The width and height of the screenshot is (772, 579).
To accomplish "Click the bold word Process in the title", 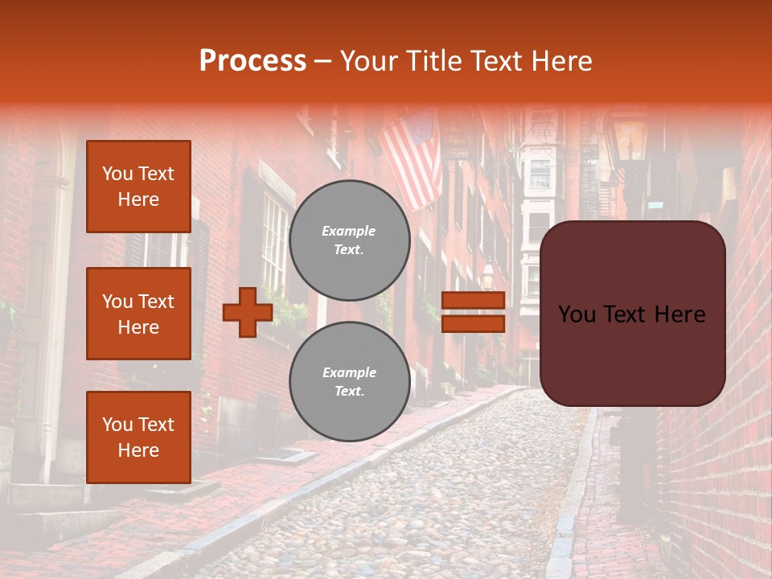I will pyautogui.click(x=253, y=61).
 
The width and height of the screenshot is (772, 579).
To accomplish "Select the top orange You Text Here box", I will pyautogui.click(x=138, y=187).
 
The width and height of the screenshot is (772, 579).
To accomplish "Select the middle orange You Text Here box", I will pyautogui.click(x=138, y=314).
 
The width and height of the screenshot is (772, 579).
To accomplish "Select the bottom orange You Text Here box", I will pyautogui.click(x=138, y=437).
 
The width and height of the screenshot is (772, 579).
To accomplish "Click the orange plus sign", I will pyautogui.click(x=248, y=312).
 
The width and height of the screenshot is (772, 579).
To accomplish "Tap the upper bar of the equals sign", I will pyautogui.click(x=473, y=300).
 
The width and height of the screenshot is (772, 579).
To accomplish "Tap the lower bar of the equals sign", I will pyautogui.click(x=473, y=324).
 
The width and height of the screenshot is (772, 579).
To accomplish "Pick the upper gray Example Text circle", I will pyautogui.click(x=349, y=240).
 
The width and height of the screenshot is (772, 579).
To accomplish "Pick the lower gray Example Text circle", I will pyautogui.click(x=349, y=382).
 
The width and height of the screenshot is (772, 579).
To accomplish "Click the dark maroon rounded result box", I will pyautogui.click(x=632, y=314).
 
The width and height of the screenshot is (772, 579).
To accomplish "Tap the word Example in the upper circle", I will pyautogui.click(x=349, y=232).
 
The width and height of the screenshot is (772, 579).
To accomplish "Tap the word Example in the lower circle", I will pyautogui.click(x=349, y=373).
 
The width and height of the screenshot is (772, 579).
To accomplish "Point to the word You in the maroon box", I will pyautogui.click(x=577, y=314).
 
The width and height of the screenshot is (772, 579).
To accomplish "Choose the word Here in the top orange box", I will pyautogui.click(x=138, y=199).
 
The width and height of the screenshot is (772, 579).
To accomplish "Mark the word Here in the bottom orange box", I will pyautogui.click(x=138, y=450).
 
